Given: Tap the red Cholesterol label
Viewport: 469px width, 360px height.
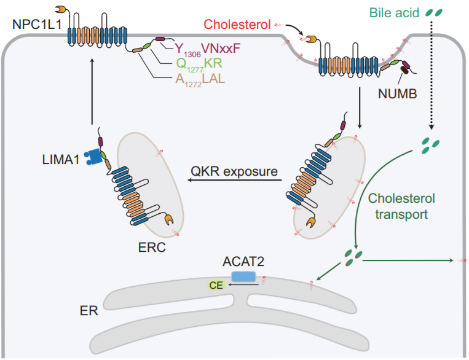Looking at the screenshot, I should click(x=236, y=25).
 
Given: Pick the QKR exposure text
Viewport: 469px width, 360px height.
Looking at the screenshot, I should click(x=235, y=171).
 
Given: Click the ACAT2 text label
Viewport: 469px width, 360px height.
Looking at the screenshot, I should click(x=243, y=262).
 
